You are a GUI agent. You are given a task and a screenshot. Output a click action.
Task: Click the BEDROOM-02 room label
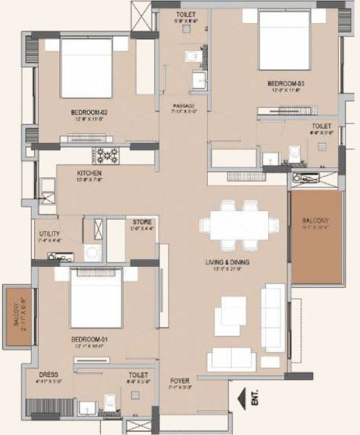(x=89, y=112)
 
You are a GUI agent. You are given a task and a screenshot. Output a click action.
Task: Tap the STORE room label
(x=141, y=222)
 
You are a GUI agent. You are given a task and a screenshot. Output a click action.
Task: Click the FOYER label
(x=180, y=381)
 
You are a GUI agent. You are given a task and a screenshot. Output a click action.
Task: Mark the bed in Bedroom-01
(x=96, y=297)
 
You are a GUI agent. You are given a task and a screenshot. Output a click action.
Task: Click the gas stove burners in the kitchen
(x=107, y=154)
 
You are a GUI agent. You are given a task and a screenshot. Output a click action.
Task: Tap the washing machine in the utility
(x=93, y=252)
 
